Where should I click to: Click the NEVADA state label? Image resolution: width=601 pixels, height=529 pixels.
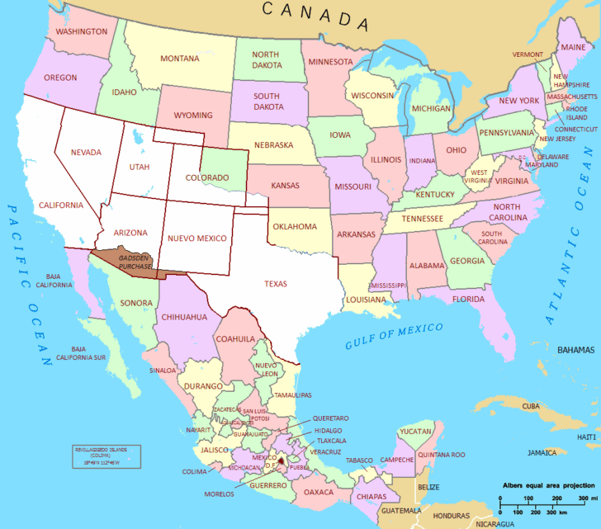[86, 152]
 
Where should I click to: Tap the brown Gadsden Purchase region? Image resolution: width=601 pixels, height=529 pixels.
[132, 261]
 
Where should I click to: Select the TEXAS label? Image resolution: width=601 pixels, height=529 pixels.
[276, 284]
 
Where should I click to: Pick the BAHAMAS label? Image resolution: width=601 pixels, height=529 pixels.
[575, 350]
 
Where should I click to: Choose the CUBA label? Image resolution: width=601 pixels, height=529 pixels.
[531, 406]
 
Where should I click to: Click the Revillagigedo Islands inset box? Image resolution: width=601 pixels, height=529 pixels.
[106, 456]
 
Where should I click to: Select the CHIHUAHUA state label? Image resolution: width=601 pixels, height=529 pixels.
[184, 317]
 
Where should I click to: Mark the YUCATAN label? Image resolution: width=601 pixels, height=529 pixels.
[415, 431]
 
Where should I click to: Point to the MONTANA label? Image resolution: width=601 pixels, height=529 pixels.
[180, 59]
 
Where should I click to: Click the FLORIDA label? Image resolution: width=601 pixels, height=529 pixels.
[468, 299]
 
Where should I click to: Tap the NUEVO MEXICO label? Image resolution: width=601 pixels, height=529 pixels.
[197, 238]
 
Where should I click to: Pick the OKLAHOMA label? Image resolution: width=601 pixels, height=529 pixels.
[295, 226]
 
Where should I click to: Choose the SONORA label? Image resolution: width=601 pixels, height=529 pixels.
[136, 303]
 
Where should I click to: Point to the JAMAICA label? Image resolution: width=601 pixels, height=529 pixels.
[542, 452]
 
